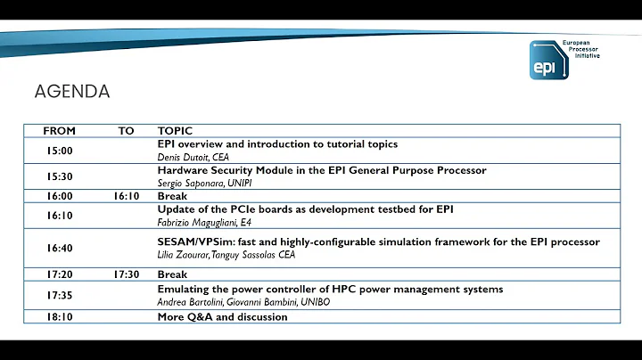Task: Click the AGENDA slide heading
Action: (72, 92)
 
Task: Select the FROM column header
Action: (59, 131)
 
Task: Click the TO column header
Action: (127, 131)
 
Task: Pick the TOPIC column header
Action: (175, 131)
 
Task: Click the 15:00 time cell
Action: (59, 151)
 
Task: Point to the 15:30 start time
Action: (59, 176)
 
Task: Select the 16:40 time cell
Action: (59, 249)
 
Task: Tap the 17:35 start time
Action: (59, 296)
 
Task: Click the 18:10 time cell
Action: (59, 317)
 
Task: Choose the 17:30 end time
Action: (127, 275)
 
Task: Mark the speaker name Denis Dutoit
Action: (181, 157)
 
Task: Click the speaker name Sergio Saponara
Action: (188, 183)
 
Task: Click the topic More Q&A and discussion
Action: (222, 317)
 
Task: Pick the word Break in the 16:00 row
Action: (172, 196)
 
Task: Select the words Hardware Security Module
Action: (221, 170)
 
